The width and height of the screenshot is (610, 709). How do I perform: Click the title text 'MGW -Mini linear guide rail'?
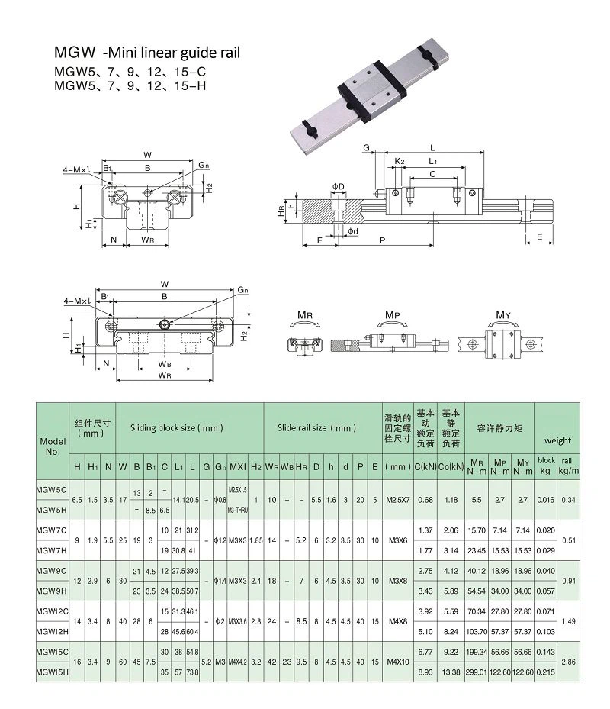tap(146, 53)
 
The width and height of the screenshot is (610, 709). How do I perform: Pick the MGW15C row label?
tap(53, 651)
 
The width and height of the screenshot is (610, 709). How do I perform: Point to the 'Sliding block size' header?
tap(176, 428)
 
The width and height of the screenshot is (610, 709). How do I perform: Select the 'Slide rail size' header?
tap(316, 428)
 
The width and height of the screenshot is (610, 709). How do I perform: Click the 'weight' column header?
tap(557, 440)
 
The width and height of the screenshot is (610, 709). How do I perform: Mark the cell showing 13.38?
tap(451, 671)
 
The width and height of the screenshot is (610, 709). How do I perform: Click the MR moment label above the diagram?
tap(304, 314)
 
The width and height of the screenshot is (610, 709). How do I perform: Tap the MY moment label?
tap(503, 314)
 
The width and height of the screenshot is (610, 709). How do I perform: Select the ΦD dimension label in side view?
tap(338, 186)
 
